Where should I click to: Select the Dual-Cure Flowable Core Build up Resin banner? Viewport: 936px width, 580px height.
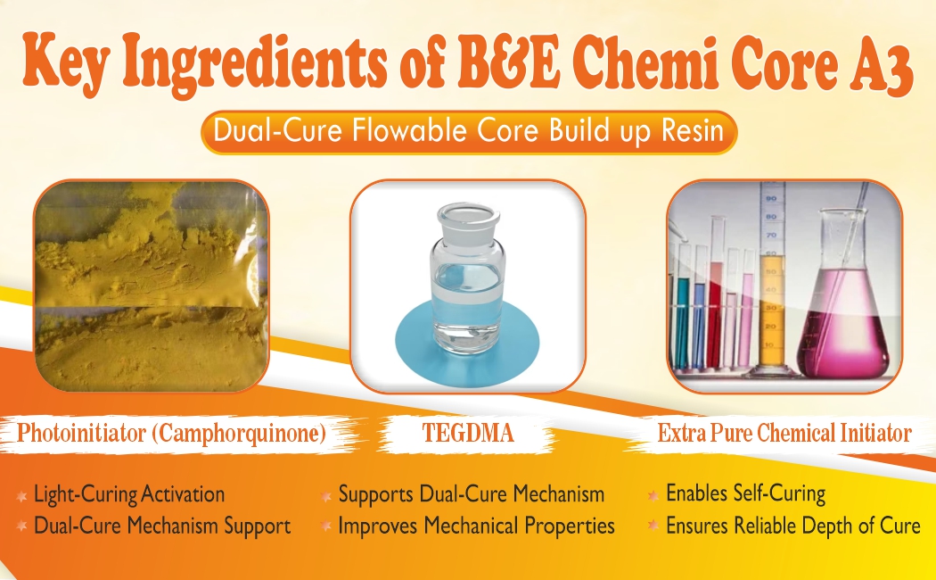469,133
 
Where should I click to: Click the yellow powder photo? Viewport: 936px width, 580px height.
151,286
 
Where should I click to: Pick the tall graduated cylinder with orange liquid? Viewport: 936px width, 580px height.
770,286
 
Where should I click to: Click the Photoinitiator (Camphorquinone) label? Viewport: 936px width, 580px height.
170,435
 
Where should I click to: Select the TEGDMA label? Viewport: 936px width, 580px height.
467,435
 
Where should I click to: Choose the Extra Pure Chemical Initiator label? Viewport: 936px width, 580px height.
784,435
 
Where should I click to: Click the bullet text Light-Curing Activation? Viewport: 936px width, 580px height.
129,493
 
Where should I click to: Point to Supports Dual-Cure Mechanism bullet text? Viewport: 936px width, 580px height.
471,493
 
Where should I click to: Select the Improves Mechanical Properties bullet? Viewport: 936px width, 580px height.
476,526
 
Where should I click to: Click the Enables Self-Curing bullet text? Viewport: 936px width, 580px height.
745,493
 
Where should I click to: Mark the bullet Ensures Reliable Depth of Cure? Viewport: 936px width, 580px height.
792,526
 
